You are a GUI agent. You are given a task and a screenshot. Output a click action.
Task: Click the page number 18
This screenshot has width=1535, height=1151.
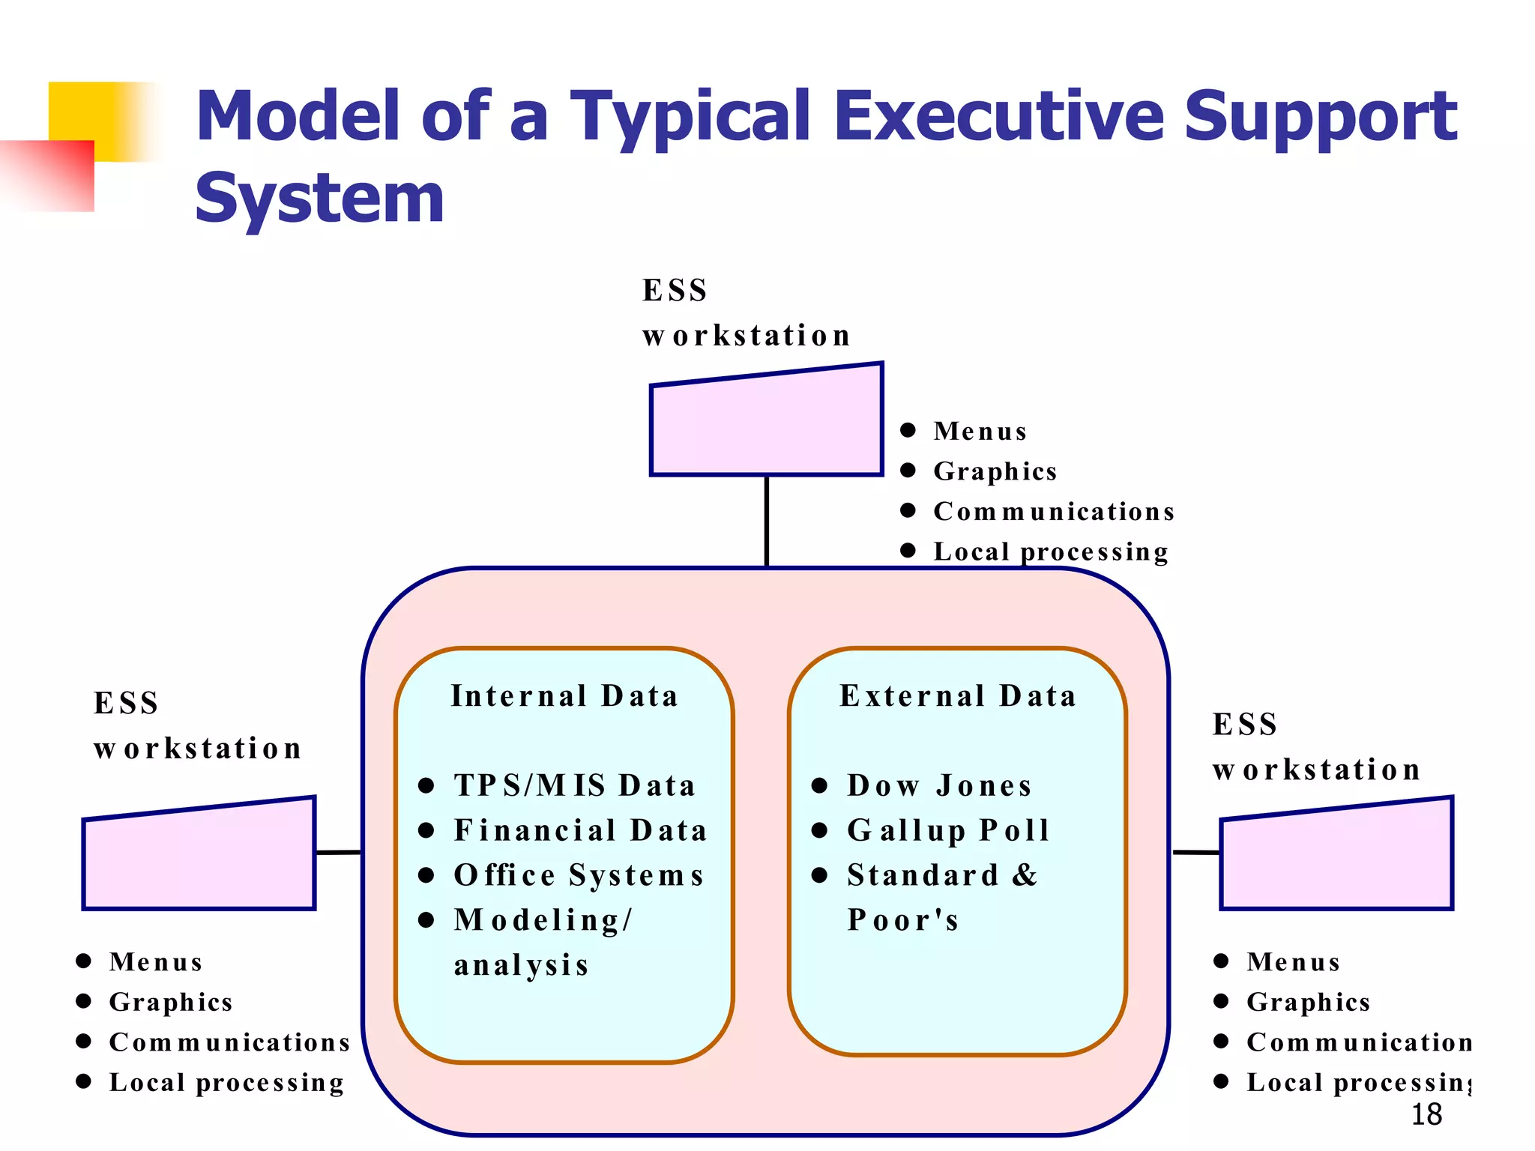tap(1426, 1115)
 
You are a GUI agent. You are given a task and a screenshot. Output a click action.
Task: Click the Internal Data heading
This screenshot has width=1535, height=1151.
tap(564, 696)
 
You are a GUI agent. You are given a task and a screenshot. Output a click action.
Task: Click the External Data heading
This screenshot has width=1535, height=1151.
tap(958, 696)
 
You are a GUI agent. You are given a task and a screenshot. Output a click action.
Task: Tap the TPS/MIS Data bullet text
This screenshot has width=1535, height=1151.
tap(575, 786)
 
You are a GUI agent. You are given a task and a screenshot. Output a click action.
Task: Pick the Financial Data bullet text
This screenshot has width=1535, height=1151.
tap(581, 831)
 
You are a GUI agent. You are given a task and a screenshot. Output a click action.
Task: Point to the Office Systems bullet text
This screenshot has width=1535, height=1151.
tap(579, 875)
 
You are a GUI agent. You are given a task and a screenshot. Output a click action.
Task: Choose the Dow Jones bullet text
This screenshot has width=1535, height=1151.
tap(939, 786)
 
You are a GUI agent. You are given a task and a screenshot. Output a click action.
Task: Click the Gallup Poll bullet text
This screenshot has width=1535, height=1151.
tap(948, 831)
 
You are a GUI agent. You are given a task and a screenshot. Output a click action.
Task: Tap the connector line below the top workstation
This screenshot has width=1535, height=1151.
tap(767, 521)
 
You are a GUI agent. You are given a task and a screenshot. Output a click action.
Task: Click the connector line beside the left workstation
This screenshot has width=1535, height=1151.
tap(339, 852)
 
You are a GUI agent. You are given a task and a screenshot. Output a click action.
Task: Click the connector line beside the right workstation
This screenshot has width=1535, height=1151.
tap(1196, 852)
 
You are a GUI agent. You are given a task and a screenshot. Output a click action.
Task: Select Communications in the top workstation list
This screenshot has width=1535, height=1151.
tap(1053, 512)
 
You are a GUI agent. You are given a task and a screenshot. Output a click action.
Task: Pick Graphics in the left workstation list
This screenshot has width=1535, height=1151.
tap(171, 1003)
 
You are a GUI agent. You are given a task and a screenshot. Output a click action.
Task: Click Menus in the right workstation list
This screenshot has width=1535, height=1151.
tap(1294, 962)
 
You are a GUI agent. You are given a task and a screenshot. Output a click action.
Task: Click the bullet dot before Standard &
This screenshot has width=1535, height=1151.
tap(819, 875)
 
